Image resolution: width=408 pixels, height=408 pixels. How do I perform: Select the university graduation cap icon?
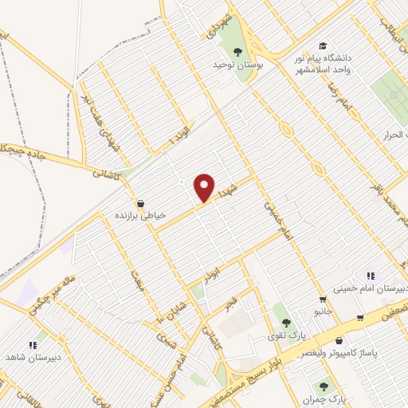(x=322, y=45)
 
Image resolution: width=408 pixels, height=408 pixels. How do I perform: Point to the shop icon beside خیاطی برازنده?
(x=141, y=203)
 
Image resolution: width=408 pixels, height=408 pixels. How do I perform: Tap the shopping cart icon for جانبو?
(x=322, y=300)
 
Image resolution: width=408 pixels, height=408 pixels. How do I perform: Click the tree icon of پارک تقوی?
(x=285, y=323)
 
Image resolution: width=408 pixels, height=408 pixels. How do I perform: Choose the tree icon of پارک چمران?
(x=324, y=385)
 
